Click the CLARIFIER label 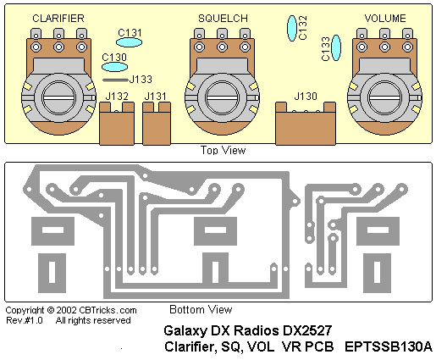tap(58, 19)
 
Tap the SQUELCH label tap(223, 19)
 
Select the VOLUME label tap(385, 19)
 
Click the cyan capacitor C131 tap(129, 42)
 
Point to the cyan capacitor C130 tap(114, 67)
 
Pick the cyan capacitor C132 tap(292, 28)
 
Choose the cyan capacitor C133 tap(336, 47)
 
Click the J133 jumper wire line tap(115, 80)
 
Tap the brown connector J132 tap(117, 124)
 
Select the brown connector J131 tap(157, 124)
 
